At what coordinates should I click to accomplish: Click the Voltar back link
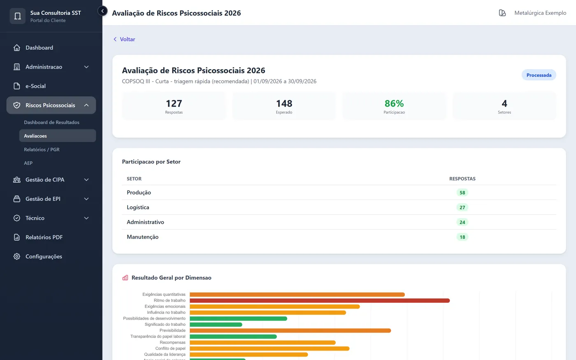click(x=124, y=39)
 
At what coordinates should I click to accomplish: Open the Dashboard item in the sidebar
click(x=39, y=48)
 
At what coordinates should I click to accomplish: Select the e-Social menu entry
click(x=35, y=86)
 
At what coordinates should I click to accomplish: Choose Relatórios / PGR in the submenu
click(x=42, y=149)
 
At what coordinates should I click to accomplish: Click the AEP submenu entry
click(x=28, y=163)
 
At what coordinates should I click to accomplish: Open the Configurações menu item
click(x=44, y=256)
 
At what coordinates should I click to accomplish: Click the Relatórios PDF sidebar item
click(x=44, y=237)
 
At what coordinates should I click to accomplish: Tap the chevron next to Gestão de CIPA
click(x=86, y=180)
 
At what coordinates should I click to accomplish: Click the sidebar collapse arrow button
click(x=102, y=11)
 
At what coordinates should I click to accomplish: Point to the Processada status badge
click(x=539, y=75)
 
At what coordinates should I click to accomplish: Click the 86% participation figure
click(x=394, y=103)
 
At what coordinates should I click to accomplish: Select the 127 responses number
click(x=174, y=103)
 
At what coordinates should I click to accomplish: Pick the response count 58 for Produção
click(x=462, y=193)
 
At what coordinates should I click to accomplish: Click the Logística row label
click(x=138, y=207)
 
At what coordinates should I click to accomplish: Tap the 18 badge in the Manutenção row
click(x=462, y=237)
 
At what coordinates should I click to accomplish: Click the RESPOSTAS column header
click(x=462, y=179)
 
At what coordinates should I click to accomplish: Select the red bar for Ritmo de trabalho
click(x=320, y=300)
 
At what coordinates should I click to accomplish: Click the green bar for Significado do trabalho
click(x=216, y=325)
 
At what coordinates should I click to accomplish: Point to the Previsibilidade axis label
click(x=172, y=330)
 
